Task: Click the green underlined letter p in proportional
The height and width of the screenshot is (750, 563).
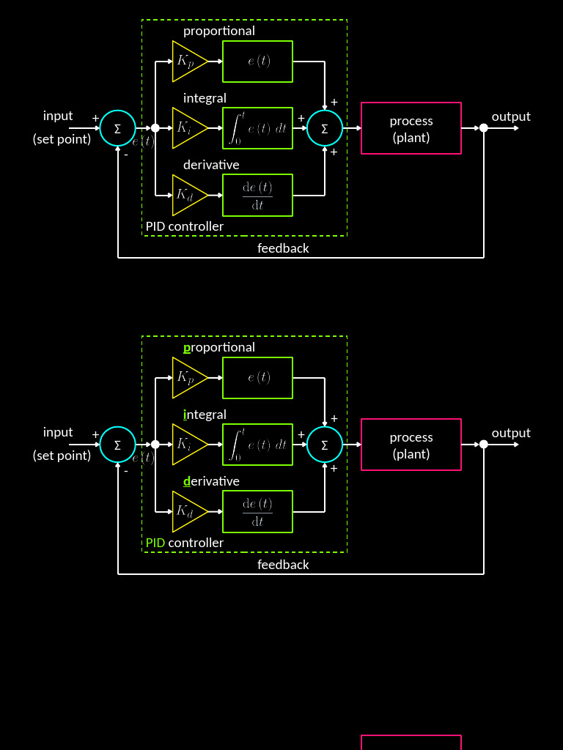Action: pos(187,347)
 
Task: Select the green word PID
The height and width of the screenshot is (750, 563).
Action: pos(155,543)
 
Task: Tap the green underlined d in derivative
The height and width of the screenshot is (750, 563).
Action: pos(187,481)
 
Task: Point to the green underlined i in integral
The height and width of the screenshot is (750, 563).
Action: pos(185,415)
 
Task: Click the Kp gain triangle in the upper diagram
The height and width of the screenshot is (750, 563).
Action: pos(188,62)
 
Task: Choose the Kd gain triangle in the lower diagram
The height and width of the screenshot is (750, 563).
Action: pos(188,511)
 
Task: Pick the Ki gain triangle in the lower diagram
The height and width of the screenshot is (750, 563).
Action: pos(188,445)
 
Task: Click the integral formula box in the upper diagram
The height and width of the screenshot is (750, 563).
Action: pos(257,128)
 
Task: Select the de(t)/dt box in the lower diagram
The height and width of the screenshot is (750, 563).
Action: pos(257,511)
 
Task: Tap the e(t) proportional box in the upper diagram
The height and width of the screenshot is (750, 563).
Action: pos(257,62)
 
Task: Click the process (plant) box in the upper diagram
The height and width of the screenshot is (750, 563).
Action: pos(411,128)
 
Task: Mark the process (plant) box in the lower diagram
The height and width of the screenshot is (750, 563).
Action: pos(411,445)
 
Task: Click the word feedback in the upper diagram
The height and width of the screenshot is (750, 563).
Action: pos(283,248)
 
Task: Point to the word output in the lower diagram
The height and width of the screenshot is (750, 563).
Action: pos(511,433)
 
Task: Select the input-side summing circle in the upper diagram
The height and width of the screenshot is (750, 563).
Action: pos(117,128)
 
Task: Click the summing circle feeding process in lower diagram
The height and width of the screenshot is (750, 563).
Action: pos(324,445)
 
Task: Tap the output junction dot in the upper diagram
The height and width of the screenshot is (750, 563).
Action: pos(483,128)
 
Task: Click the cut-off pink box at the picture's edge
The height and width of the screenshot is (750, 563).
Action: pos(411,743)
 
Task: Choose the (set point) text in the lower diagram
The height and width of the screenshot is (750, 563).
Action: pos(62,456)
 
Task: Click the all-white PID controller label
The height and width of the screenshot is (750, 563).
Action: pos(184,226)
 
